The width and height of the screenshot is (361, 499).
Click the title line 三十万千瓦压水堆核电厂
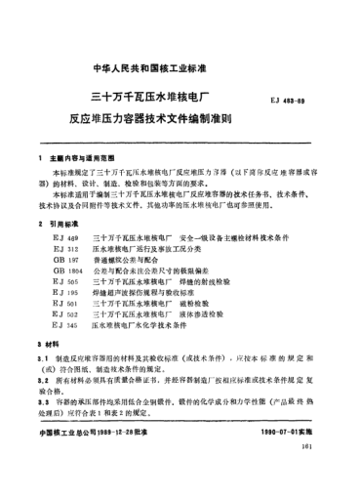(155, 99)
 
